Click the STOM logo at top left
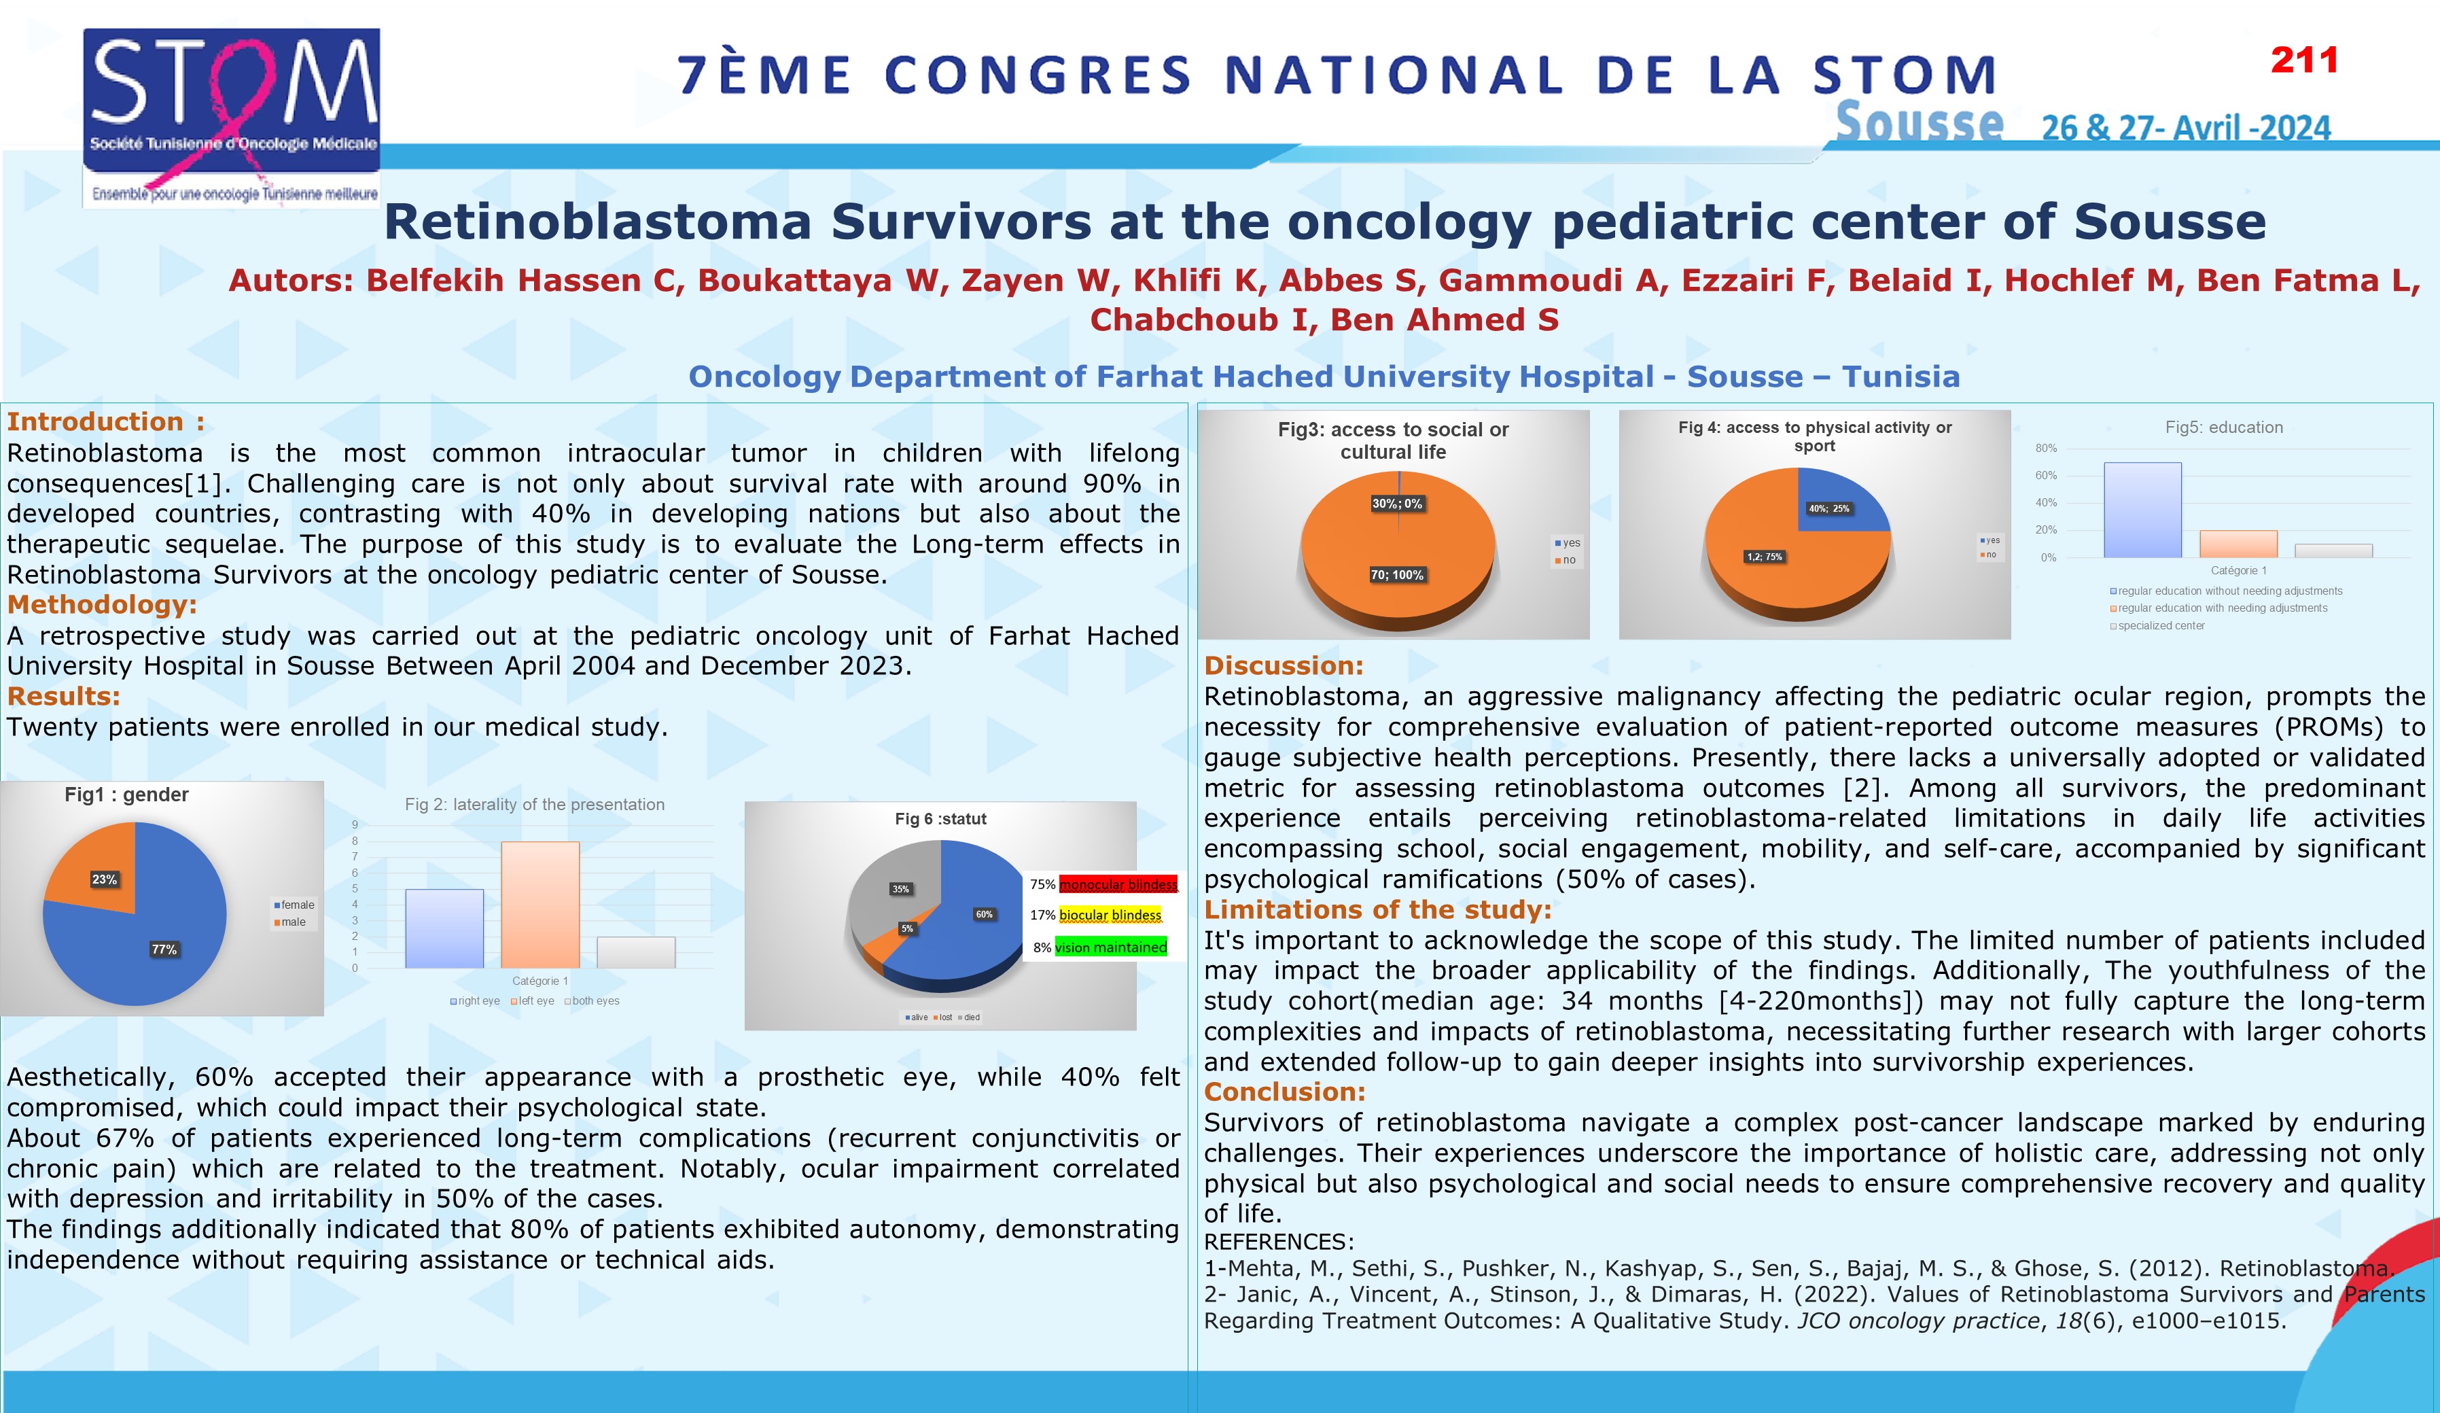point(232,116)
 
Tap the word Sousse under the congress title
point(1919,124)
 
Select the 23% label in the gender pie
point(105,879)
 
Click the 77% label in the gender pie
point(164,949)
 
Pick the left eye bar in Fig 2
point(540,905)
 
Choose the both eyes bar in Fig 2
point(635,952)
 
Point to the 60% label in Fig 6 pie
point(984,914)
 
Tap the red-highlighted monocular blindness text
point(1118,884)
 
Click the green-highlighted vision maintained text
point(1110,947)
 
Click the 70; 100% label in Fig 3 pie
point(1396,575)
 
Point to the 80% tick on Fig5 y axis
point(2045,449)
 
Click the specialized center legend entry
point(2160,626)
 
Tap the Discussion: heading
point(1283,665)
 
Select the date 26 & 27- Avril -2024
point(2185,128)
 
